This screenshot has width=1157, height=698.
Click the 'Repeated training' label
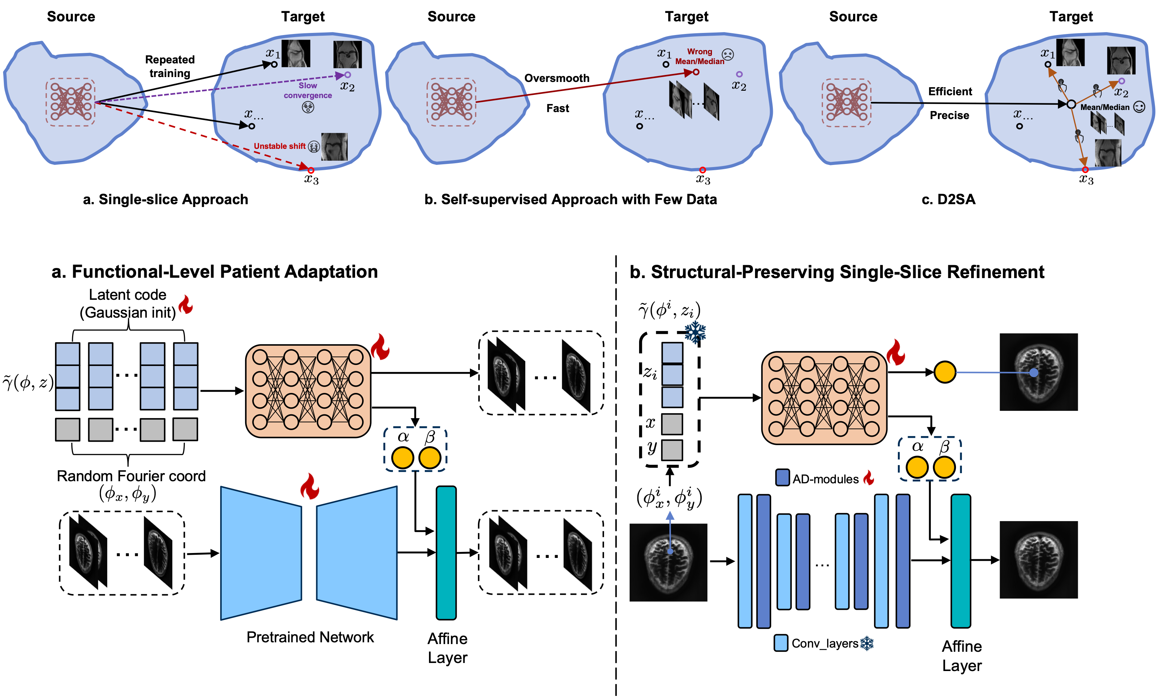(x=169, y=66)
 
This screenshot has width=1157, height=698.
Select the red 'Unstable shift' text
(x=279, y=146)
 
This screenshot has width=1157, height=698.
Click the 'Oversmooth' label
(x=556, y=78)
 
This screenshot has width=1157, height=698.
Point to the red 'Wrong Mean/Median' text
(x=699, y=56)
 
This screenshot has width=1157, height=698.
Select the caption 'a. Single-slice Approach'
(x=165, y=199)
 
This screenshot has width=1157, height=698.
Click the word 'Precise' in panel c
(x=949, y=115)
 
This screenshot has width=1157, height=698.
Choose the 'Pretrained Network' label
(x=310, y=637)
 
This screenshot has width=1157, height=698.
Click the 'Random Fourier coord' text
(x=131, y=476)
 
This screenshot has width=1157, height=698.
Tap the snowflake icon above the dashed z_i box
(x=695, y=333)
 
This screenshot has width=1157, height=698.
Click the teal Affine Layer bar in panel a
(x=446, y=553)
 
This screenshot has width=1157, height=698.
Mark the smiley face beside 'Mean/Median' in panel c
(x=1139, y=107)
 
